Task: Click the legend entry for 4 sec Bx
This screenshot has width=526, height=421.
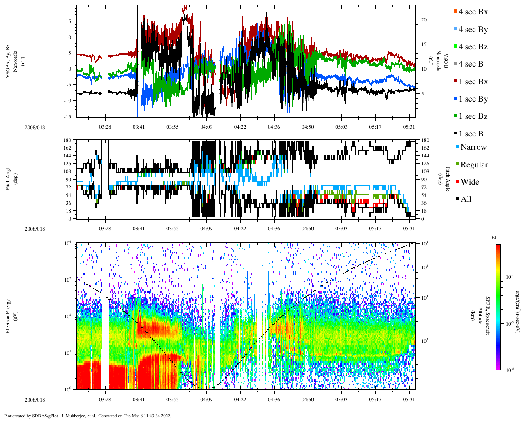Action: coord(473,12)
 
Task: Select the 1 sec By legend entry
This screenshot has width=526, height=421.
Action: coord(473,99)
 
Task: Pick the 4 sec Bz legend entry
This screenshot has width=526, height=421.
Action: coord(473,47)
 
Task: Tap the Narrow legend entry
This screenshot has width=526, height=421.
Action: coord(473,147)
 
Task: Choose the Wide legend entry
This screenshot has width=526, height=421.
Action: coord(470,182)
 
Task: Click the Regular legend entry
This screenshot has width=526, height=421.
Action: coord(474,165)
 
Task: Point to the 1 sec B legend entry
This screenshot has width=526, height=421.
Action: coord(471,134)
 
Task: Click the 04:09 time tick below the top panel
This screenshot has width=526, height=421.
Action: coord(206,127)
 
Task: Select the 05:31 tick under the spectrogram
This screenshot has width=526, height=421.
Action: coord(409,400)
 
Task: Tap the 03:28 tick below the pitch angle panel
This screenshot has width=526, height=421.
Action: coord(105,229)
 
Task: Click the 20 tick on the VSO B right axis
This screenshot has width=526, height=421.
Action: coord(424,20)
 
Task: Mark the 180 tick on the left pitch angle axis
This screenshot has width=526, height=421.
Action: coord(68,140)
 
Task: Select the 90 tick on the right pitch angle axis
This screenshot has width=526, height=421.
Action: coord(423,180)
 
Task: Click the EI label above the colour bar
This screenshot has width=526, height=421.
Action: coord(494,237)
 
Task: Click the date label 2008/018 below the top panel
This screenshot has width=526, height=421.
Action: coord(35,127)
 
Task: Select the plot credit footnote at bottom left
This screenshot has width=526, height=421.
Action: coord(87,416)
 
